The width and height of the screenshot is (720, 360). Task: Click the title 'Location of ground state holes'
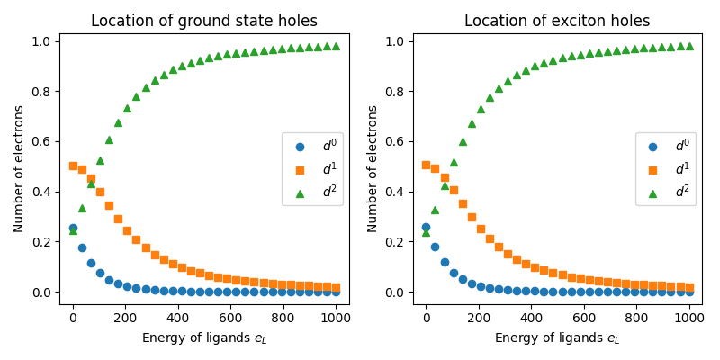click(x=204, y=21)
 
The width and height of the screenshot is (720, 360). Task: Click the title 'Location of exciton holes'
click(x=557, y=21)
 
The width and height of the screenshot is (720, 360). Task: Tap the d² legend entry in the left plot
click(x=312, y=192)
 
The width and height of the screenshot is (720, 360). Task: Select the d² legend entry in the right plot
click(x=666, y=192)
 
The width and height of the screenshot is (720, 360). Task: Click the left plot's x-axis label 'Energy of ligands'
click(x=204, y=338)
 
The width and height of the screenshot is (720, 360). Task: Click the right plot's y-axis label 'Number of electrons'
click(x=373, y=168)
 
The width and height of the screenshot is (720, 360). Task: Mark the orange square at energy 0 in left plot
click(x=73, y=166)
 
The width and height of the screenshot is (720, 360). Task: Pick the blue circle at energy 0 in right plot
click(x=427, y=228)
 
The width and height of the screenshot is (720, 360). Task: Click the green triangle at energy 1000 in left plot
click(x=336, y=46)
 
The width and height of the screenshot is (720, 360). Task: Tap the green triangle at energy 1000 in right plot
click(x=689, y=46)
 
